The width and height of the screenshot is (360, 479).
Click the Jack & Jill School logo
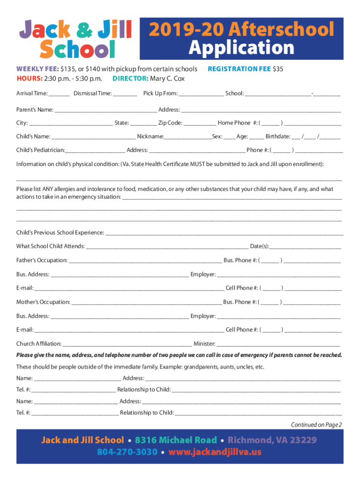coord(74,39)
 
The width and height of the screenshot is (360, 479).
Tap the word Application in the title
coord(241,48)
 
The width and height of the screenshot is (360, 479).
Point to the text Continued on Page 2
coord(317,425)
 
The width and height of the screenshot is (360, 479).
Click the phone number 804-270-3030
coord(127,452)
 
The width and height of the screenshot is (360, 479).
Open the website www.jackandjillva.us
coord(215,452)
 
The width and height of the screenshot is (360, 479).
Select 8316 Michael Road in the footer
coord(176,440)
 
